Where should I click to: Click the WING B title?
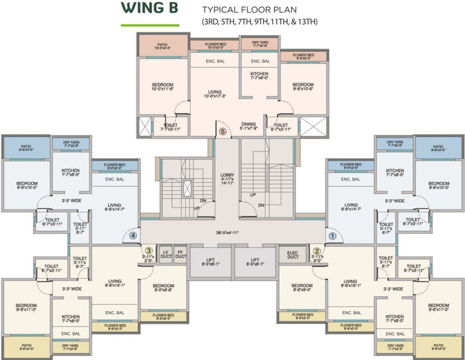pos(149,9)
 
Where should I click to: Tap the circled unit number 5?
pos(223,132)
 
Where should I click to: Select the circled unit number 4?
pos(133,236)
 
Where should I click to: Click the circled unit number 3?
pos(149,251)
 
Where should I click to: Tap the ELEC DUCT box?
pos(292,254)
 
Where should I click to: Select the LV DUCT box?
pos(165,254)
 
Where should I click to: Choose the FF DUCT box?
pos(180,254)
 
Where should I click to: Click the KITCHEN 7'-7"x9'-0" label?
pos(259,76)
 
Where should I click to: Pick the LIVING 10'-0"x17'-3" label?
pos(215,94)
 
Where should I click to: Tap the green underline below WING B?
pos(149,25)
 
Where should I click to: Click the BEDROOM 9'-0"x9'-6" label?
pos(163,288)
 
